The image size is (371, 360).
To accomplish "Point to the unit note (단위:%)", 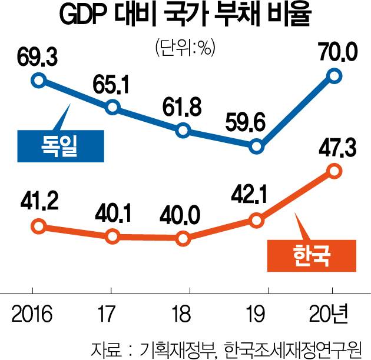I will [x=184, y=48].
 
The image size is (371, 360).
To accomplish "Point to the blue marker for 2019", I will [x=256, y=146].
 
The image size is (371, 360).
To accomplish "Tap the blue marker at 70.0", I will [x=334, y=75].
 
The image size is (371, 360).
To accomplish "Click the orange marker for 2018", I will [x=183, y=239].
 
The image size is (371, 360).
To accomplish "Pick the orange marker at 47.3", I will [x=334, y=171].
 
